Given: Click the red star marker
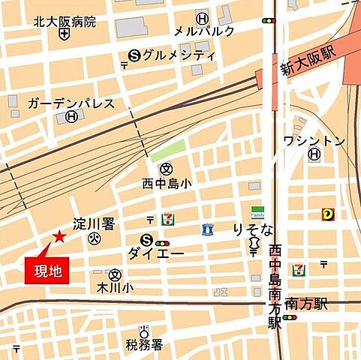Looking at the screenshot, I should [59, 237].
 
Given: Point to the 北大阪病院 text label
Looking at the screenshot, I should [65, 22].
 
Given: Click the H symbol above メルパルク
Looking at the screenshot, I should [201, 17].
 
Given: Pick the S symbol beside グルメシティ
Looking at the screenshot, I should [135, 54].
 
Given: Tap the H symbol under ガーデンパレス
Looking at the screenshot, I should [71, 116].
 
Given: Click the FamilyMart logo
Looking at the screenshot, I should [257, 213].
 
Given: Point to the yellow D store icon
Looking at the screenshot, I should [328, 214].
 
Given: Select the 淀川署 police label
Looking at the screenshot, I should [93, 224].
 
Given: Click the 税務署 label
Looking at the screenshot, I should [145, 344].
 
